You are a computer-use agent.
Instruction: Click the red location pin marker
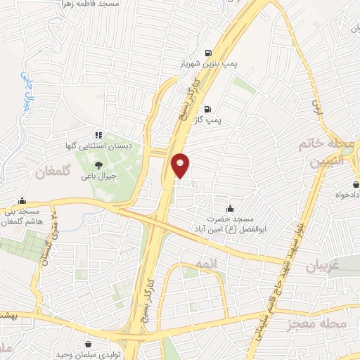click(181, 165)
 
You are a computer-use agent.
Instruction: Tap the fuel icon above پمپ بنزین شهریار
click(207, 52)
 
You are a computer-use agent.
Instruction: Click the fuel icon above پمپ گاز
click(207, 109)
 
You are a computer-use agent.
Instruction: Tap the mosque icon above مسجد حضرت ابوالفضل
click(230, 208)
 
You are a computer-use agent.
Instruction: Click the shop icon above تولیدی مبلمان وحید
click(89, 344)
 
